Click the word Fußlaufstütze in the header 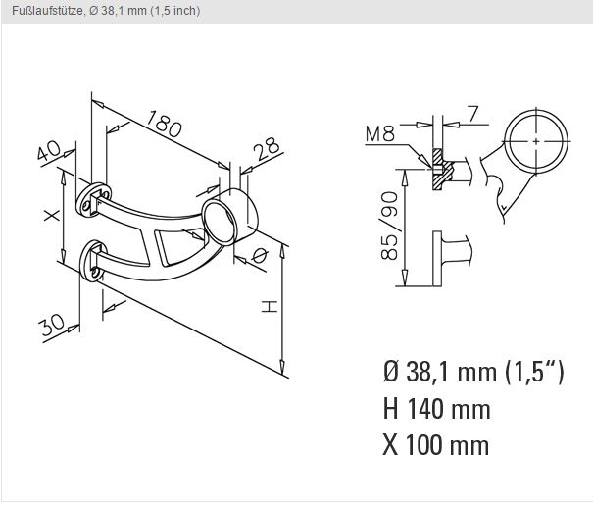tap(47, 11)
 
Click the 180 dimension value tap(164, 124)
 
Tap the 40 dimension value tap(48, 150)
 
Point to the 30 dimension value tap(51, 326)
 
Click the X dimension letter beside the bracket tap(51, 216)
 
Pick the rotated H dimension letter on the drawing tap(270, 306)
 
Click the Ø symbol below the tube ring tap(259, 256)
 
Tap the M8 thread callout tap(380, 133)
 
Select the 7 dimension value tap(472, 114)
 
